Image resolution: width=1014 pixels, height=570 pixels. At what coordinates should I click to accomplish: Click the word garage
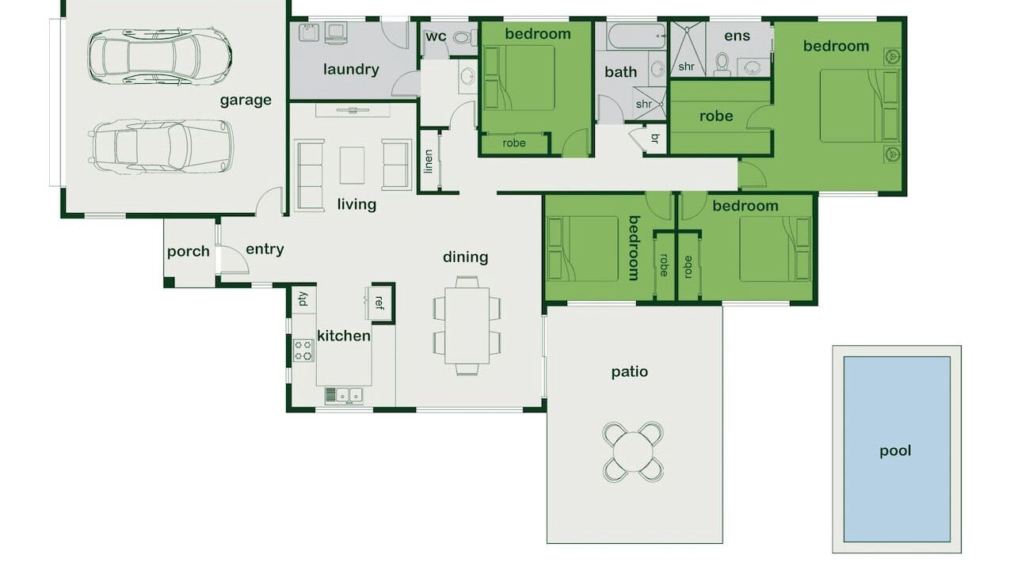tap(246, 101)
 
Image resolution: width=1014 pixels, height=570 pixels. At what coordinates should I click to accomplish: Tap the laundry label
tap(351, 69)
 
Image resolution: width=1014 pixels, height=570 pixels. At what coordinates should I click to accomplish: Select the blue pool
tap(897, 449)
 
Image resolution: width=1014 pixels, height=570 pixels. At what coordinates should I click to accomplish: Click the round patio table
tap(633, 452)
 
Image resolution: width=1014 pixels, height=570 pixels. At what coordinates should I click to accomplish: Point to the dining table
tap(467, 325)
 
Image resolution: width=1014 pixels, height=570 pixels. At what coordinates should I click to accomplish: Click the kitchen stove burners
tap(303, 350)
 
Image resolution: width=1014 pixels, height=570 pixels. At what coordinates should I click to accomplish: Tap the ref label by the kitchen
tap(379, 302)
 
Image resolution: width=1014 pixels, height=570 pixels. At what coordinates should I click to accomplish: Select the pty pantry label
tap(303, 299)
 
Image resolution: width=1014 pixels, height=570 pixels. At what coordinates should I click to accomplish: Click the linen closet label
tap(429, 161)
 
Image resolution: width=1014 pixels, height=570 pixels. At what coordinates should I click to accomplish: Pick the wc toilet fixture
tap(463, 37)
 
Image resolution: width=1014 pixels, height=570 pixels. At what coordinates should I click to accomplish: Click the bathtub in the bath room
tap(637, 36)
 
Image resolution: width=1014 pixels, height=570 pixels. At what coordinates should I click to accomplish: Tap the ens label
tap(737, 36)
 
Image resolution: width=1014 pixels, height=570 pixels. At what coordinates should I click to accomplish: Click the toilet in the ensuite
tap(722, 64)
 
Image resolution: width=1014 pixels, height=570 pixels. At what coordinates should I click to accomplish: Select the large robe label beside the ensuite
tap(716, 116)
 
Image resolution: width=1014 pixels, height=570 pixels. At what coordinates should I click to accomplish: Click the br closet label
tap(655, 139)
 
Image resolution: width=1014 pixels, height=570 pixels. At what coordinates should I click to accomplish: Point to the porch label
tap(189, 252)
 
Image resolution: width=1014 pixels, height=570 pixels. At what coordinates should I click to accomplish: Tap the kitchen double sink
tap(349, 395)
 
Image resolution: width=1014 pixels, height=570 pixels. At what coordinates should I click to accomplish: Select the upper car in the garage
tap(160, 56)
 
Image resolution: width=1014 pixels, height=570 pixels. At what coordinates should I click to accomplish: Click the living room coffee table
tap(353, 165)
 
